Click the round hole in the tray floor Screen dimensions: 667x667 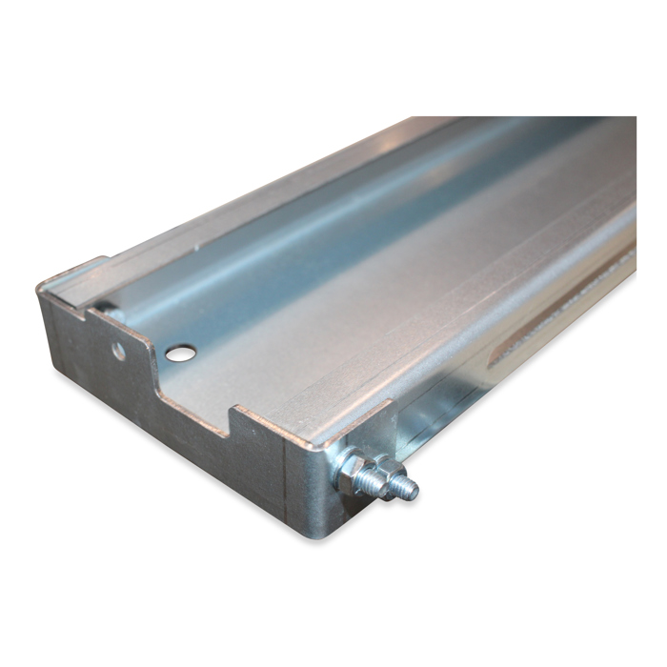point(179,353)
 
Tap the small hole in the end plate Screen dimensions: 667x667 point(118,351)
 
